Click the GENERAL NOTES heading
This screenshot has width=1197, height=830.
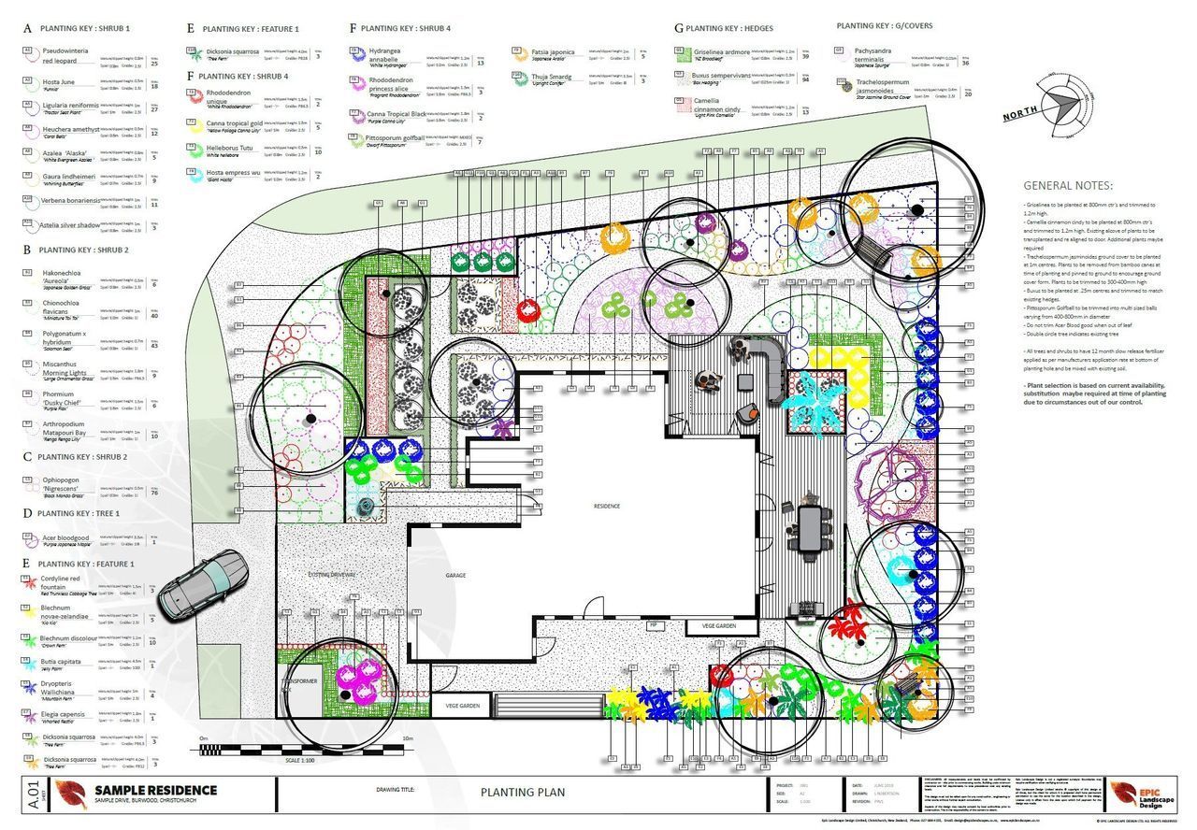[1068, 186]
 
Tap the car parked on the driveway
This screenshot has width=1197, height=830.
[202, 584]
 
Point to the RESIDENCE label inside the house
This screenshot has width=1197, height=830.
[606, 506]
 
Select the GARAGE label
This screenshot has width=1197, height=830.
[455, 576]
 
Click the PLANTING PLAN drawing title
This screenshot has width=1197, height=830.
[522, 792]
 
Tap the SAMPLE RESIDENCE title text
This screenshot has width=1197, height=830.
[155, 790]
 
